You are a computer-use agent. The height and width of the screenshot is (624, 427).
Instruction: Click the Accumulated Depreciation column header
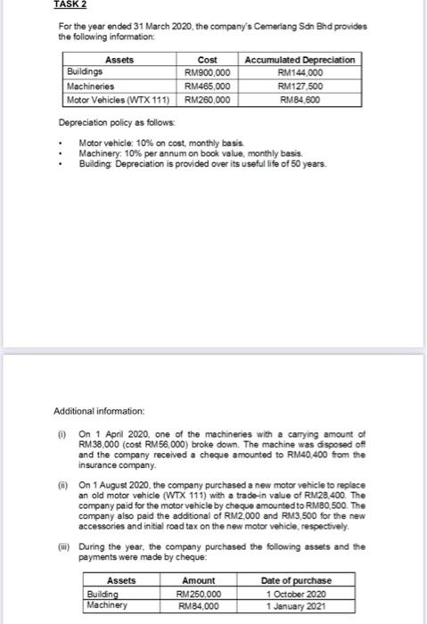300,59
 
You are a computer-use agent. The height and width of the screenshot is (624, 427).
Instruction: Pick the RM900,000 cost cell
207,73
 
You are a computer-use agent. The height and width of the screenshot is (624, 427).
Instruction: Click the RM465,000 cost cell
207,86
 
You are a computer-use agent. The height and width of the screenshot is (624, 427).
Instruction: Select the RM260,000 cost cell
207,101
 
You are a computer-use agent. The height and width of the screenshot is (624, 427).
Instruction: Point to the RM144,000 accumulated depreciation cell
300,73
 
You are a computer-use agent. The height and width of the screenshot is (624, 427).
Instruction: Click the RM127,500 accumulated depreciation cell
300,86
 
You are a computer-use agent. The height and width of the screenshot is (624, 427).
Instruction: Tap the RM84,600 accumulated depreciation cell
300,101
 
